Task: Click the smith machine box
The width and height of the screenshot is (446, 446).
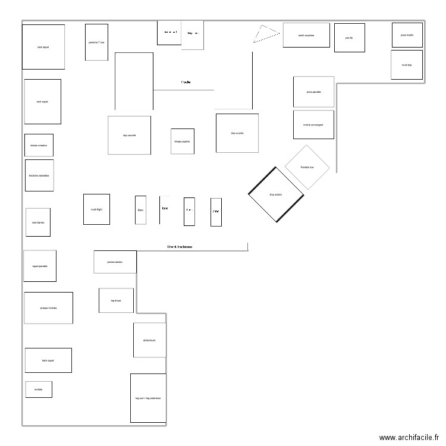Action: [x=306, y=35]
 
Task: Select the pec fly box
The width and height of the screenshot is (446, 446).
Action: [x=349, y=37]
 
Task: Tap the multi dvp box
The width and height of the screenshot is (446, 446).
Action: [x=407, y=65]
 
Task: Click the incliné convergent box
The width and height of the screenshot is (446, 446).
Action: [x=313, y=125]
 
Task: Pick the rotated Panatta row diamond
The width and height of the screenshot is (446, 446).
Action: [x=307, y=167]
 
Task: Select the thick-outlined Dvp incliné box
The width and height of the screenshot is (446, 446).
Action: [x=276, y=194]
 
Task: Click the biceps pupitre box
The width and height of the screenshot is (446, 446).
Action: [x=183, y=142]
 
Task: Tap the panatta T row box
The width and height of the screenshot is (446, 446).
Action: [x=96, y=42]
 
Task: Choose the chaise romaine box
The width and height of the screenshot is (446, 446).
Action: [x=39, y=145]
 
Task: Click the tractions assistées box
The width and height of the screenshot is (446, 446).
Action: [x=39, y=175]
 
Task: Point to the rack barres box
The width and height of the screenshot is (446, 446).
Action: [x=38, y=222]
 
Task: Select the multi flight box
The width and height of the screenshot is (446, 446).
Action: [x=96, y=209]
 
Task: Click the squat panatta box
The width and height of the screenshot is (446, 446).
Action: [x=40, y=266]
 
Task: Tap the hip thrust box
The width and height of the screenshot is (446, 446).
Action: [x=116, y=300]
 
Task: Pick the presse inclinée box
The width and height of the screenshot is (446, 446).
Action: [x=48, y=308]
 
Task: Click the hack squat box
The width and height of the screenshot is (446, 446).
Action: [x=48, y=360]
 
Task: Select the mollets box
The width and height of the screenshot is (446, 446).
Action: [x=39, y=390]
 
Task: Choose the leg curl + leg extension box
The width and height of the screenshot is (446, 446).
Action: [x=148, y=398]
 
